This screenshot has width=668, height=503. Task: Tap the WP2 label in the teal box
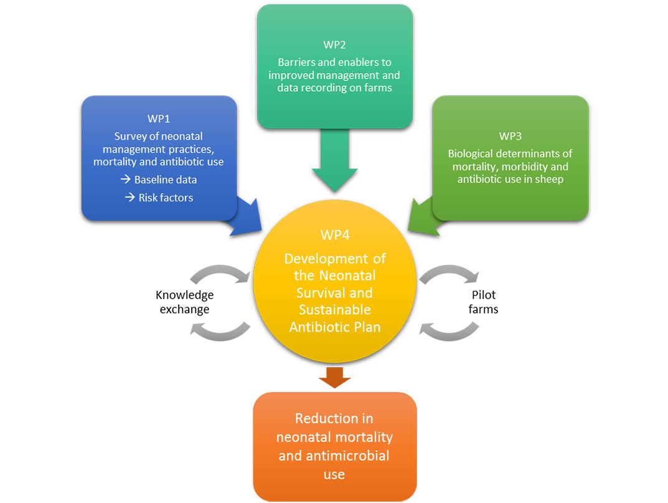[x=334, y=45]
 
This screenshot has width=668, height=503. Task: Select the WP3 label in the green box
[x=510, y=136]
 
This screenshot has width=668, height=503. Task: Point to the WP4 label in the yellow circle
[x=334, y=236]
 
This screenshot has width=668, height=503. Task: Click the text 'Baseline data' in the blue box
[x=166, y=180]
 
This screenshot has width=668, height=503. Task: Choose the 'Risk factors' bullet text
[x=166, y=198]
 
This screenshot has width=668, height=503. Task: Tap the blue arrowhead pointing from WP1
[x=246, y=215]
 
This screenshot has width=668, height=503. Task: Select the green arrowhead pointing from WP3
[x=423, y=215]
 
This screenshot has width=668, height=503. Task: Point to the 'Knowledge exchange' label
[x=184, y=302]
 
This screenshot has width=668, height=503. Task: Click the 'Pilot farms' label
[x=483, y=302]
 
